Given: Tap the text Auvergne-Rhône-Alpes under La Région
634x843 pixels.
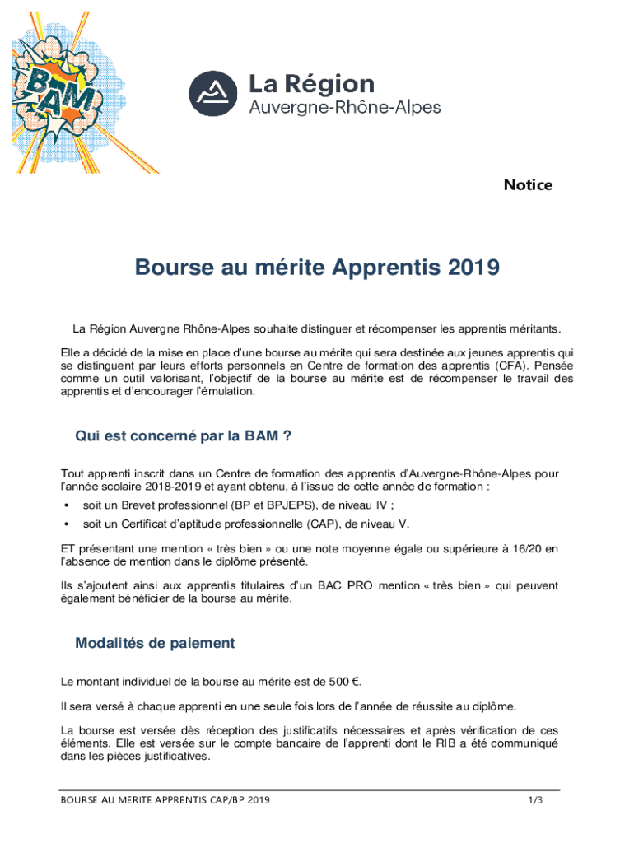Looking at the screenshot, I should [x=344, y=107].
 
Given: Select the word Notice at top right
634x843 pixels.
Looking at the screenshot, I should [x=528, y=185].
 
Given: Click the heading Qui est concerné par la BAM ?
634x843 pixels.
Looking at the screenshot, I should [x=184, y=436].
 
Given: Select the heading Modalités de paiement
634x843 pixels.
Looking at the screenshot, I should [x=155, y=644].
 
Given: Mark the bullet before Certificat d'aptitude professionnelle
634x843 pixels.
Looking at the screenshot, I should [x=66, y=524].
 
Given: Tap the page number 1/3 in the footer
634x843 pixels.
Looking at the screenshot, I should [x=535, y=800].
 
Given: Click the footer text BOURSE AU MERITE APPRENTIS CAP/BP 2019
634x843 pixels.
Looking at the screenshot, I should [x=165, y=800].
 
